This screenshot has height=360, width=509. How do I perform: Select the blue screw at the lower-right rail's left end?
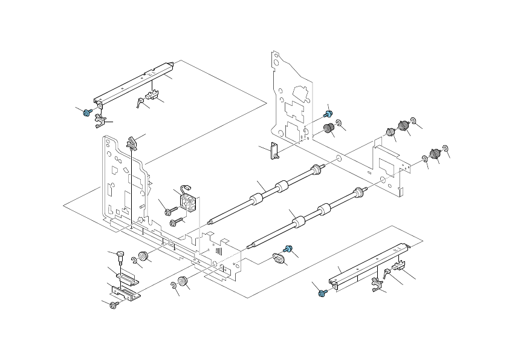tap(321, 293)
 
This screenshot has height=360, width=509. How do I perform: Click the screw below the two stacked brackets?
tap(113, 306)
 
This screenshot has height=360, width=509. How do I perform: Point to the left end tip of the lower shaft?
tap(250, 246)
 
